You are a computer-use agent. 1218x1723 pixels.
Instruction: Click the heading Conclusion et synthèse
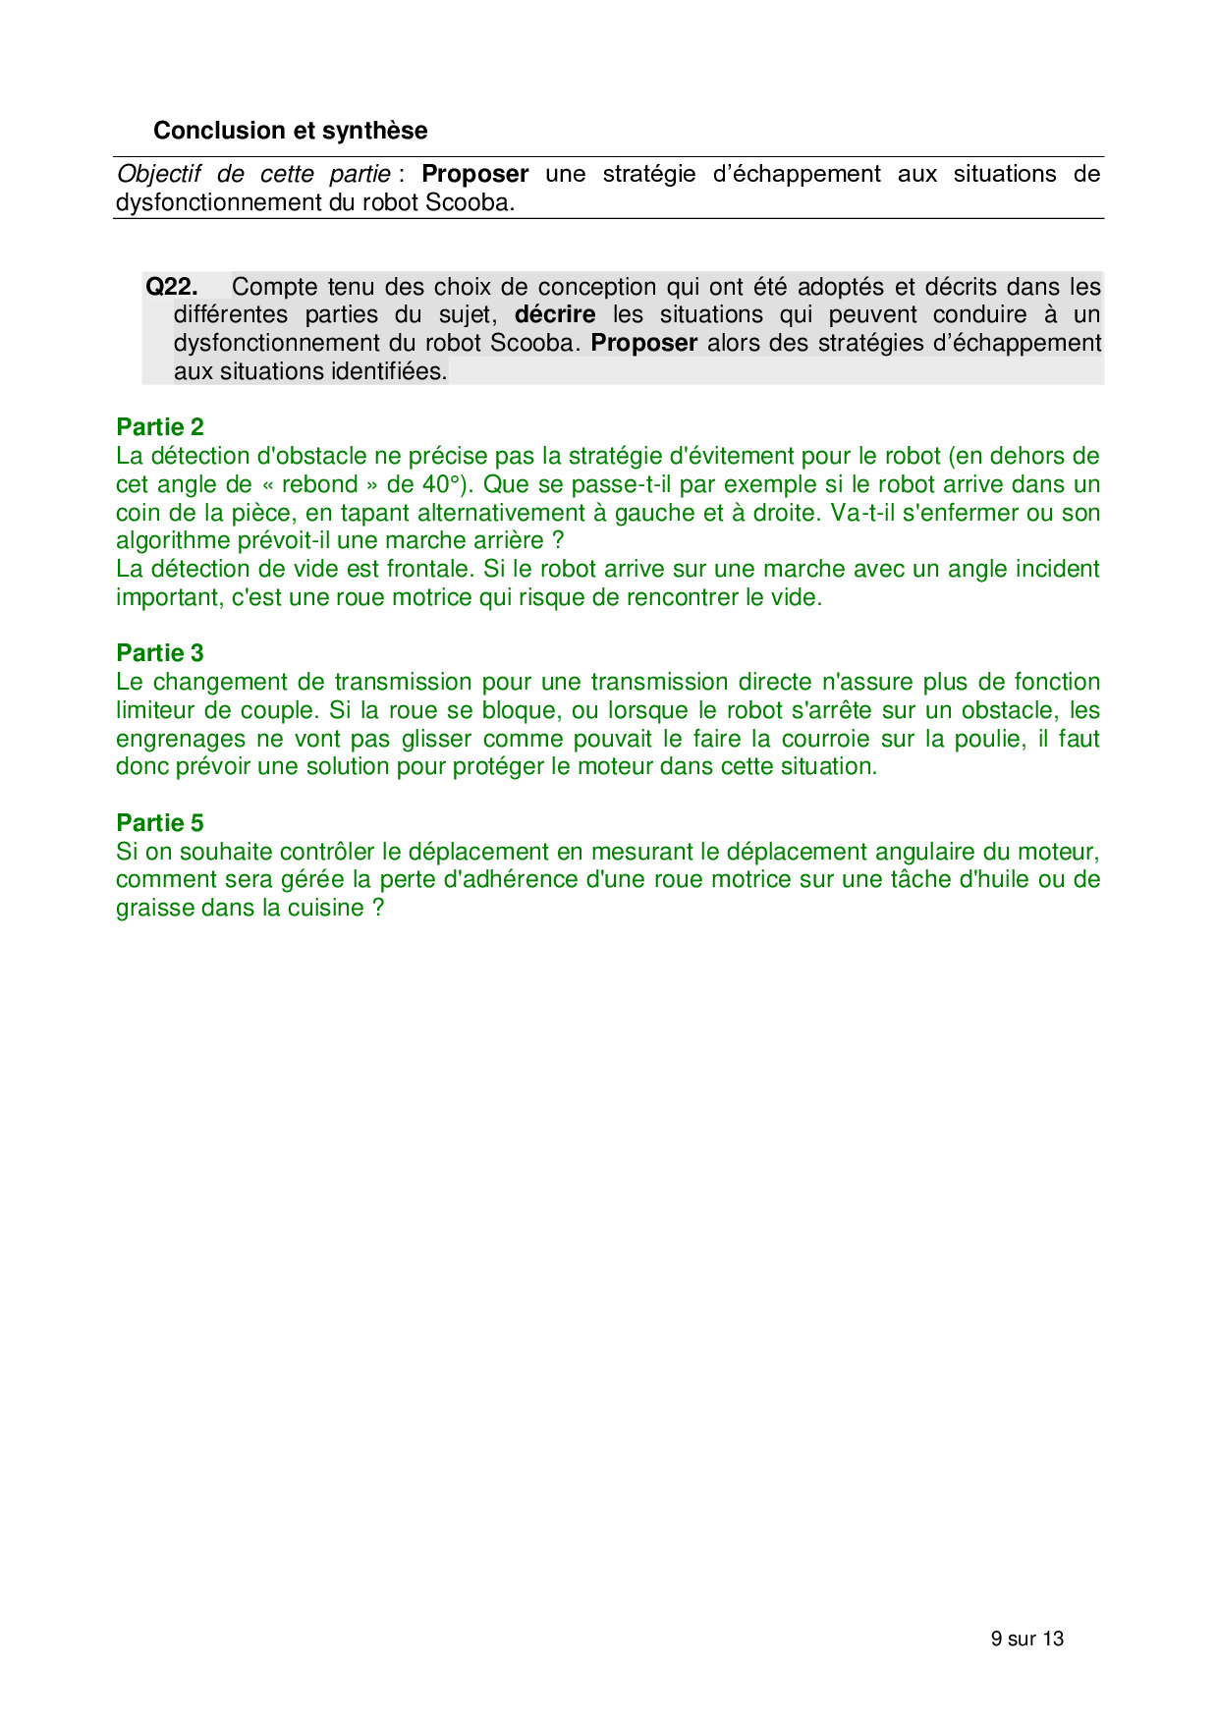(x=290, y=131)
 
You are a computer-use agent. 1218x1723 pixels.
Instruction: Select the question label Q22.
(x=171, y=287)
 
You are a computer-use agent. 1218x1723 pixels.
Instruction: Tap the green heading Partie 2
(x=160, y=427)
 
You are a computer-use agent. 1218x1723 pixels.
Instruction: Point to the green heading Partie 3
(x=160, y=653)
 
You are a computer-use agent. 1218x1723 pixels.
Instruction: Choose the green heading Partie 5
(x=160, y=823)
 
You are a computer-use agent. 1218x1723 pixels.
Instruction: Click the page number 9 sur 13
(x=1026, y=1639)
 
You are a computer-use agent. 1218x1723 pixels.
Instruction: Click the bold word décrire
(x=555, y=315)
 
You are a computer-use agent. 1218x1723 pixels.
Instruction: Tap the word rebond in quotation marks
(x=319, y=484)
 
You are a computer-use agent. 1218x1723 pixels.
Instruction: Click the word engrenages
(x=180, y=739)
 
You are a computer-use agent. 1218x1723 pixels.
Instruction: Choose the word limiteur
(x=153, y=710)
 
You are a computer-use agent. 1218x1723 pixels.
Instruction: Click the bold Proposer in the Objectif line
(x=474, y=175)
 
